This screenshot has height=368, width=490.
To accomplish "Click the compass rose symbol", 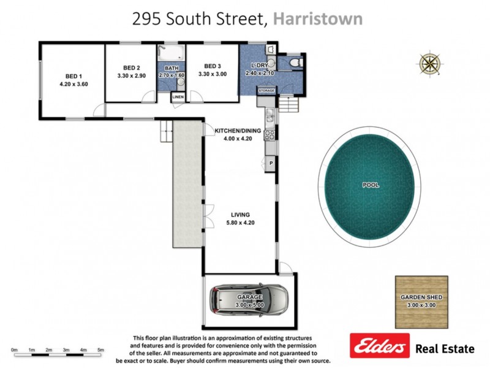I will click(x=429, y=63).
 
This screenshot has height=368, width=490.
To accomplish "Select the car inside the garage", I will click(x=247, y=299).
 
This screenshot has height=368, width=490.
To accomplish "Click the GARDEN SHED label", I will click(x=421, y=297).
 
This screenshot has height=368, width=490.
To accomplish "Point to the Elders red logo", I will click(x=379, y=347).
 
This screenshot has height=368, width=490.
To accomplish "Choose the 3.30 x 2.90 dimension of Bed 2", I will click(x=132, y=75).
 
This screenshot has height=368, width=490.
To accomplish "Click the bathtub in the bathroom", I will click(x=170, y=53).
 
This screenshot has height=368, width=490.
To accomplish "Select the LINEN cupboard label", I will click(x=178, y=97).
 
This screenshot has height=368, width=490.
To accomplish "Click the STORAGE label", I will click(x=266, y=91).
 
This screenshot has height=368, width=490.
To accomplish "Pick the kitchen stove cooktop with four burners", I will click(x=269, y=132).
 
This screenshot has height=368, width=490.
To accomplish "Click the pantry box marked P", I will click(x=270, y=163).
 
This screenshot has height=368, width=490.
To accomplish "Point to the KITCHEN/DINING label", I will click(x=238, y=131).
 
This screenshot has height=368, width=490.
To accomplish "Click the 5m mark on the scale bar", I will click(x=101, y=350).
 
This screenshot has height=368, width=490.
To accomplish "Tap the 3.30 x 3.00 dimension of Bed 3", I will click(x=213, y=74).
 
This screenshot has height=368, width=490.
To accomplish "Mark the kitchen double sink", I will click(x=269, y=113).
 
